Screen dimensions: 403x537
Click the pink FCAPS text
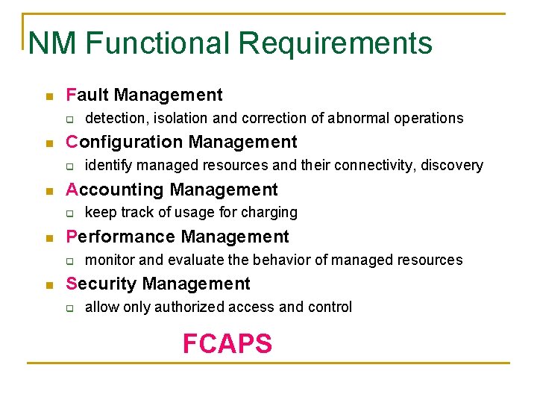click(227, 343)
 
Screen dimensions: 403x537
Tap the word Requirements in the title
click(336, 43)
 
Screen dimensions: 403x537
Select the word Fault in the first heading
click(88, 95)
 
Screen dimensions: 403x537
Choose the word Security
click(101, 284)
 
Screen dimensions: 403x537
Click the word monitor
click(110, 260)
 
